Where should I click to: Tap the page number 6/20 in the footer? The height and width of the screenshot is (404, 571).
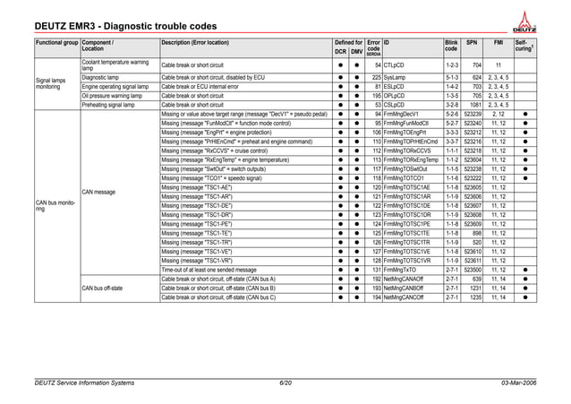click(x=285, y=383)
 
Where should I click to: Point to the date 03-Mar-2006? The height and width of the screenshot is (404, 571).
click(x=524, y=383)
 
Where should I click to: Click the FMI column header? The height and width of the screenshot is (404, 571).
click(x=499, y=42)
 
